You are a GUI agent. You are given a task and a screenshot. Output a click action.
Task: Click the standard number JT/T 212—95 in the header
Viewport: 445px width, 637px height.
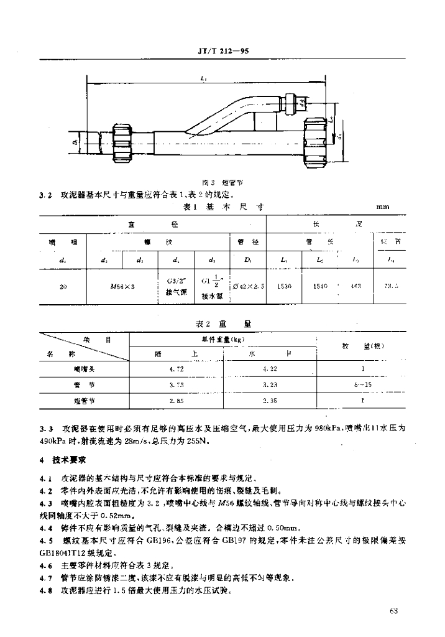coord(221,52)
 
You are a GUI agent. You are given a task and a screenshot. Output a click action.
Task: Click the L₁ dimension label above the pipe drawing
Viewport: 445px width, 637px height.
coord(204,78)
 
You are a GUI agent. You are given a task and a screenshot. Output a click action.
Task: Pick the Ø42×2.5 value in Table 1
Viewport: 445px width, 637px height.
coord(248,286)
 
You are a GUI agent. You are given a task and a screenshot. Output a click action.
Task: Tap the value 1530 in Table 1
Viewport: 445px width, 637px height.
coord(285,286)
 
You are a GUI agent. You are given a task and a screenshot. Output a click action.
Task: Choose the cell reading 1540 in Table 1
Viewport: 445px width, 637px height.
coord(321,286)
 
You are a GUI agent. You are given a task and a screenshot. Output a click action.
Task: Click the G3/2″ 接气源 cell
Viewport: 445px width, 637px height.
coord(176,286)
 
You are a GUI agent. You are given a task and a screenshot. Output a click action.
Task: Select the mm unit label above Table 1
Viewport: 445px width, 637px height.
coord(383,207)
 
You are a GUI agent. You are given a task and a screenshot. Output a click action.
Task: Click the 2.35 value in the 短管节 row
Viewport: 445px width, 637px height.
coord(269,401)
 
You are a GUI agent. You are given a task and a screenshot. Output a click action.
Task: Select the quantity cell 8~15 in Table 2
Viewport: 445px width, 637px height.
coord(363,385)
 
